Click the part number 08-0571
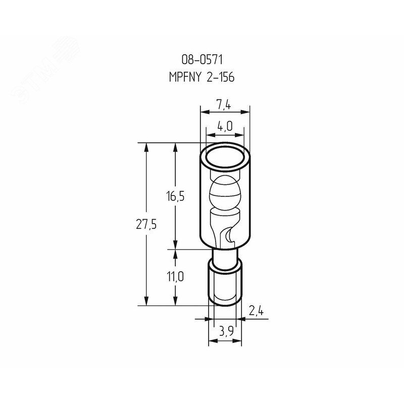point(202,60)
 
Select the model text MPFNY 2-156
point(201,77)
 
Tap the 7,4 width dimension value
point(223,106)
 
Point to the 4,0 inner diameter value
point(225,127)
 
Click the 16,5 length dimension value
point(175,196)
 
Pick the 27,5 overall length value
point(146,224)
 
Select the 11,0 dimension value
point(175,277)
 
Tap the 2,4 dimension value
point(256,312)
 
